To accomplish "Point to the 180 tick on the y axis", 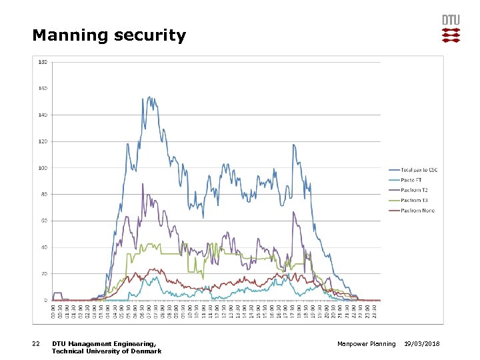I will [43, 62].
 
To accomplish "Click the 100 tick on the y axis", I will [43, 168].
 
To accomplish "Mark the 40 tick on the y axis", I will [44, 247].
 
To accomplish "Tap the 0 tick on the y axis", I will [46, 300].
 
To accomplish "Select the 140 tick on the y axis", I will [43, 115].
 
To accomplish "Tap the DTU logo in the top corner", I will [451, 29].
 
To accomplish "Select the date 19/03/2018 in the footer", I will [427, 344].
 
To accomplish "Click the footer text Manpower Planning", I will [366, 344].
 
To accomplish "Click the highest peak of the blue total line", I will [149, 97].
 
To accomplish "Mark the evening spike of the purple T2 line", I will [293, 212].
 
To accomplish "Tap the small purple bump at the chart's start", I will [57, 293].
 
